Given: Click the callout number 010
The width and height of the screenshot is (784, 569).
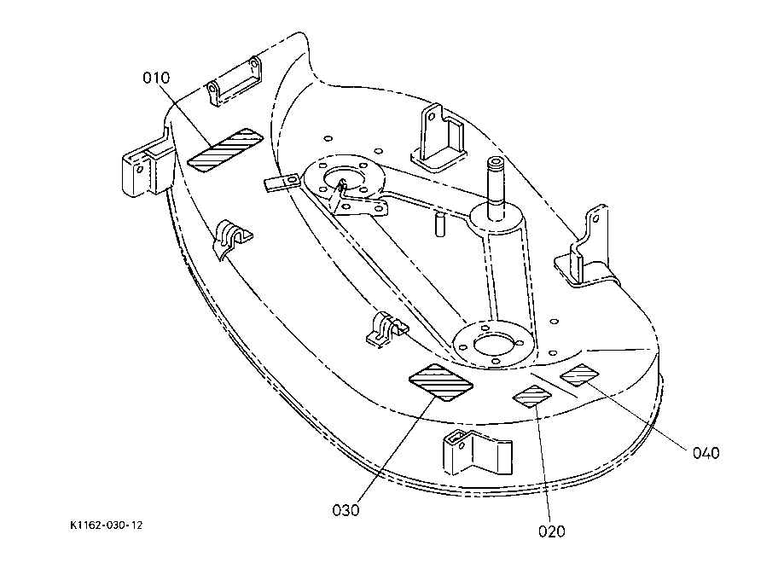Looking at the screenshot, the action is pos(156,78).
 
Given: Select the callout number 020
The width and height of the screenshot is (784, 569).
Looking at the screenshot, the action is pos(551,531).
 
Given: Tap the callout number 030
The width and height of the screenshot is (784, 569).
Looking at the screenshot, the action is pos(346,510).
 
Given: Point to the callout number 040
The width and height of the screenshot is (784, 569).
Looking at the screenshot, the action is pos(706,453).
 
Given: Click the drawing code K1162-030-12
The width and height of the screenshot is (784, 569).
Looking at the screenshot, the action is pos(107,525).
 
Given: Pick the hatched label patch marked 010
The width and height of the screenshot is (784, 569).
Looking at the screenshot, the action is pos(225,149).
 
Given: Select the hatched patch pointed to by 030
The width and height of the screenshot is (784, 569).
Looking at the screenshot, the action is pos(441,382).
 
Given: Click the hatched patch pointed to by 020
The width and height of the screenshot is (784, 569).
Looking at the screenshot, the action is pos(532,396).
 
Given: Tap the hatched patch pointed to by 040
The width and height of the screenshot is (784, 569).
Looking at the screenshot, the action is pos(579,375).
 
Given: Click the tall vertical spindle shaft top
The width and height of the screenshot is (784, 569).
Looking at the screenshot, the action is pos(497,163).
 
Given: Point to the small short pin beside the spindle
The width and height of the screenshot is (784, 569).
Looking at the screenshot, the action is pos(439,224).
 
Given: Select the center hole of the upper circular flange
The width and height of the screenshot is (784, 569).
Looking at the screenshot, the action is pos(343,177).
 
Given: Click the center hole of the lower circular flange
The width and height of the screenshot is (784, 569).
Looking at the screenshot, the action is pos(493,344).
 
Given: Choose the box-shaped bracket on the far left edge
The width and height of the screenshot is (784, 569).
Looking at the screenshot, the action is pos(147,164).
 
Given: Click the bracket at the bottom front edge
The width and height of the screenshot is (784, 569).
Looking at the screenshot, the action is pos(478,452).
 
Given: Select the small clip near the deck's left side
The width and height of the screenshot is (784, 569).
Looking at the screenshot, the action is pos(233,239).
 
